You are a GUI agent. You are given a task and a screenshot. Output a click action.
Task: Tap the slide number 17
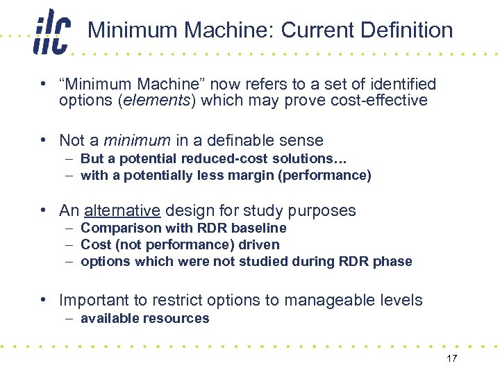pyautogui.click(x=451, y=358)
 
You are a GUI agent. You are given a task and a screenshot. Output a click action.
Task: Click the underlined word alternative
pyautogui.click(x=122, y=210)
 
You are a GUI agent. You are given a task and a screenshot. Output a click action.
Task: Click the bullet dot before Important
pyautogui.click(x=43, y=300)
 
